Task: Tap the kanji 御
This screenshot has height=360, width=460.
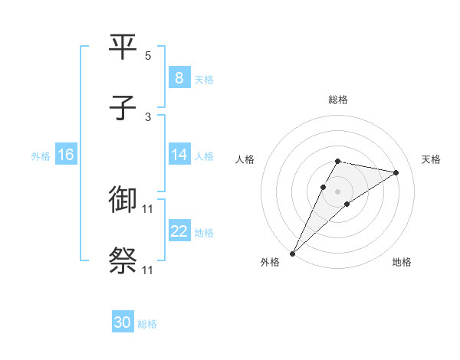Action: (123, 199)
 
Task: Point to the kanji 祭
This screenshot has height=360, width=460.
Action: (123, 260)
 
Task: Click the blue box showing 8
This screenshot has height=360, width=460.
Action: (179, 77)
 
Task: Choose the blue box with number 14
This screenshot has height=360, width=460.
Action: (179, 155)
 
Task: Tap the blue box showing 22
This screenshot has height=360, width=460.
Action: (179, 231)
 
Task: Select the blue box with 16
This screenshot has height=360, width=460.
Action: (65, 155)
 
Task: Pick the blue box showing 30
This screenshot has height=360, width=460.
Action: (122, 322)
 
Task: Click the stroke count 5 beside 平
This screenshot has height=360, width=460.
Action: (148, 56)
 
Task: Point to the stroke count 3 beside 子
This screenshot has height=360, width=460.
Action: (148, 117)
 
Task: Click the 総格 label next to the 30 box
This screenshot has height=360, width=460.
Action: (147, 324)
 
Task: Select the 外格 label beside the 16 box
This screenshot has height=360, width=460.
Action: (41, 155)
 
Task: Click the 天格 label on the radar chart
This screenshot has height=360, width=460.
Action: (431, 159)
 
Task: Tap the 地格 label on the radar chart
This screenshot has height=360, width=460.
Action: (402, 262)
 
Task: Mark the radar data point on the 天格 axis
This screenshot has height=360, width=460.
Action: (396, 172)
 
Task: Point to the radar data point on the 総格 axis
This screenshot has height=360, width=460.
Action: (337, 161)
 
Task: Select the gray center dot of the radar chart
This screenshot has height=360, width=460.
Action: (337, 191)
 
